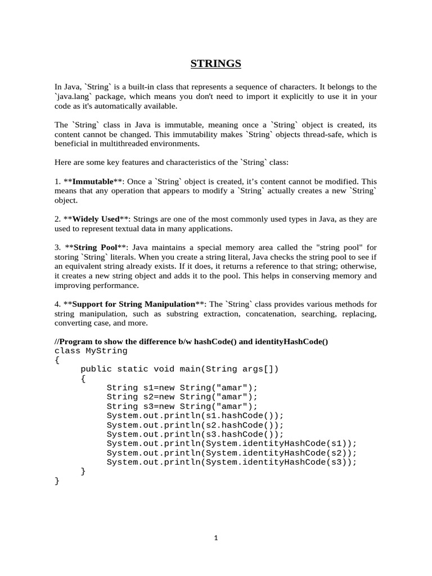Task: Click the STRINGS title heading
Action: [x=215, y=64]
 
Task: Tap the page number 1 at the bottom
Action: [x=215, y=538]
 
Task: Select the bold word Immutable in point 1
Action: [x=93, y=182]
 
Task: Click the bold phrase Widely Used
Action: [x=96, y=219]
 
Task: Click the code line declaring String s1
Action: [x=182, y=388]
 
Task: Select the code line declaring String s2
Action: [x=182, y=397]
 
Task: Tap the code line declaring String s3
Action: [x=182, y=406]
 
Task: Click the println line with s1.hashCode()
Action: [x=195, y=416]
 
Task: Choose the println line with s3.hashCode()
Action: [x=195, y=434]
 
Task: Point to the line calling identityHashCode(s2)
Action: [x=231, y=453]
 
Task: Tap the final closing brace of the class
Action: [x=57, y=480]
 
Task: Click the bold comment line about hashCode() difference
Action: [x=191, y=341]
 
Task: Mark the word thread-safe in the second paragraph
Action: [x=336, y=134]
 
